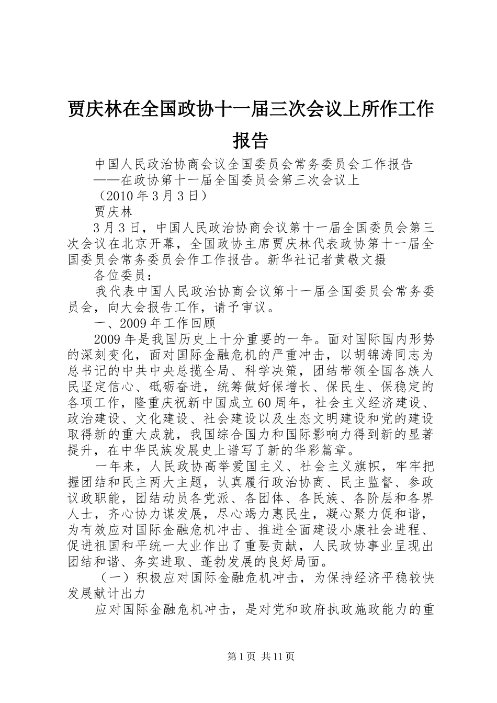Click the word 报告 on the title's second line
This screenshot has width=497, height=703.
click(x=250, y=140)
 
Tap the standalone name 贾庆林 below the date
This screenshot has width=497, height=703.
click(x=114, y=212)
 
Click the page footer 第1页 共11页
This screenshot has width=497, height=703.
click(x=249, y=656)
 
